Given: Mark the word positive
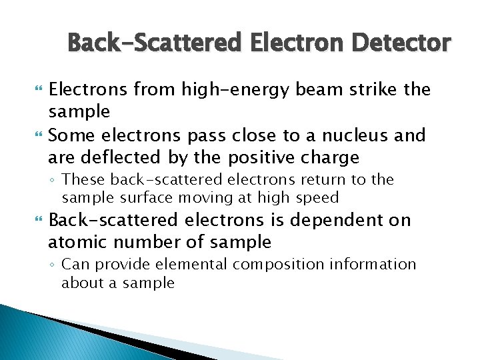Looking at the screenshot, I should pyautogui.click(x=260, y=158).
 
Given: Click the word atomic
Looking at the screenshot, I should pyautogui.click(x=78, y=241).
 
